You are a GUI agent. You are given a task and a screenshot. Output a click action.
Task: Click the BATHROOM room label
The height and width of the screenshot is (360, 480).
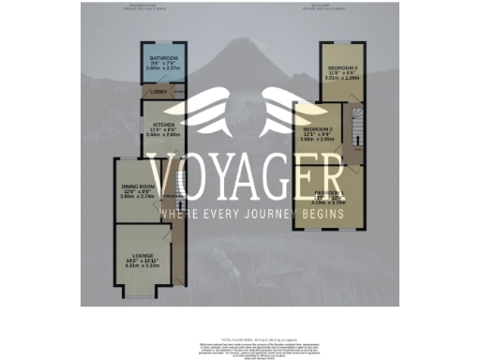pos(162,58)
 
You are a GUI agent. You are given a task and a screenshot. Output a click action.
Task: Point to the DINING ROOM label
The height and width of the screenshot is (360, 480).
pos(135,187)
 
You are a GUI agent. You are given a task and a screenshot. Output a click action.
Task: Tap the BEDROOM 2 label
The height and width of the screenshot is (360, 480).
pos(318,129)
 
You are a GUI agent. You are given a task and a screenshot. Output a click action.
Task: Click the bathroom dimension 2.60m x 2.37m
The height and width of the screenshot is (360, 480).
pos(162,68)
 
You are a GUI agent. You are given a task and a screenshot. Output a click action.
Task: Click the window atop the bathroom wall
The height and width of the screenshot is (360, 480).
pos(162,43)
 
